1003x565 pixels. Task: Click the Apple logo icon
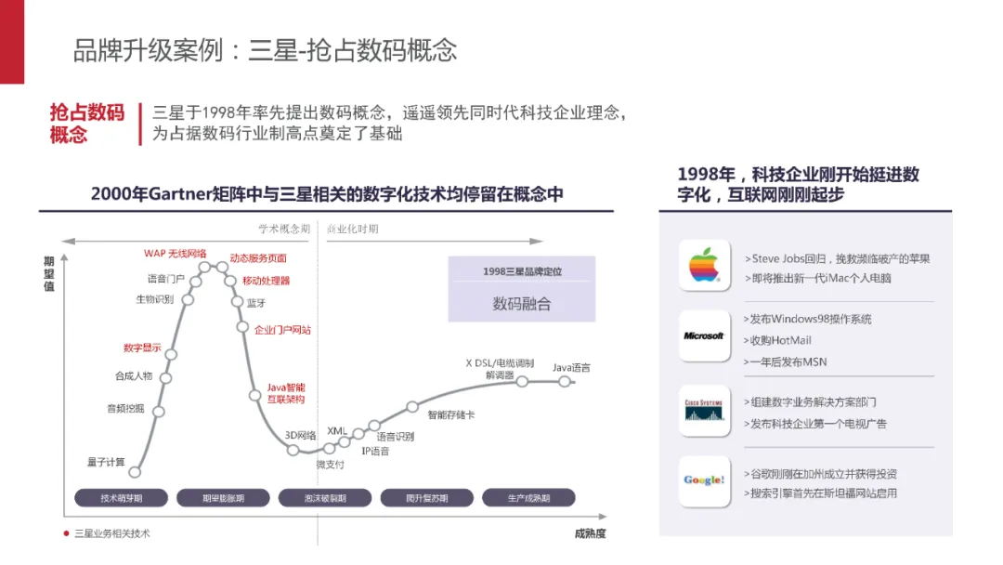[x=704, y=266]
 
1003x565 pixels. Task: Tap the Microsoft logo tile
[x=704, y=335]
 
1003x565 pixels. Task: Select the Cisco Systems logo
[x=704, y=409]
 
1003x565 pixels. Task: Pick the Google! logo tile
[x=704, y=480]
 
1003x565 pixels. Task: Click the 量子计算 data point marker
[x=135, y=472]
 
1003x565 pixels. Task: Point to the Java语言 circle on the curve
[x=565, y=381]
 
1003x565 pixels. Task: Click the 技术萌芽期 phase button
[x=121, y=498]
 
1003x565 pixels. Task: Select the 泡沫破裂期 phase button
[x=325, y=498]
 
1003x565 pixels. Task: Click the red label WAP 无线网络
[x=175, y=253]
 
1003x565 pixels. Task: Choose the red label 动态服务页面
[x=258, y=257]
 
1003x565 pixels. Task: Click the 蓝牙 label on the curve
[x=256, y=303]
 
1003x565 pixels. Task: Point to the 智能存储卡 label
[x=450, y=414]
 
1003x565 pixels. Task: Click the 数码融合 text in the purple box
[x=521, y=304]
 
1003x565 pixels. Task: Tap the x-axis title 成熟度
[x=590, y=533]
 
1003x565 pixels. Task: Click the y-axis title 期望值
[x=48, y=274]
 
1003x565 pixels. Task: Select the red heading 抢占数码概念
[x=86, y=124]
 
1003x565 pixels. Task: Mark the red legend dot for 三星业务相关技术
[x=66, y=533]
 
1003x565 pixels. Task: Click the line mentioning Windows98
[x=809, y=319]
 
